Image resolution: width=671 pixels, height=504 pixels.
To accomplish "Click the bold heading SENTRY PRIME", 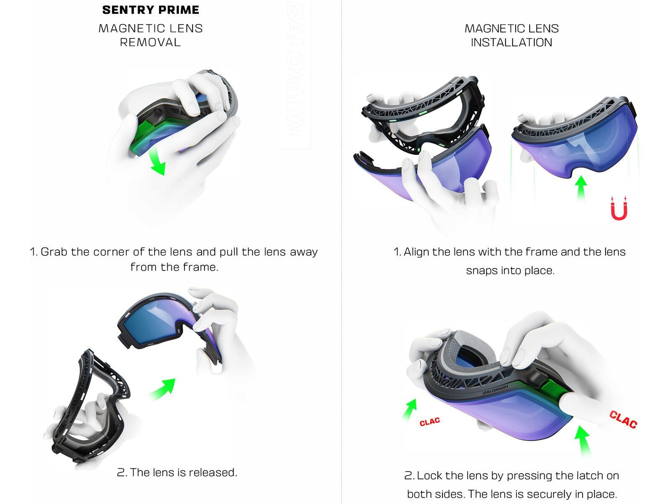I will (x=151, y=10).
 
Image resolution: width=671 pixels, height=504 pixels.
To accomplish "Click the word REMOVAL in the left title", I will (x=150, y=42).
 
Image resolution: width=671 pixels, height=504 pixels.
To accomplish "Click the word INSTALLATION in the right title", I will (x=511, y=42).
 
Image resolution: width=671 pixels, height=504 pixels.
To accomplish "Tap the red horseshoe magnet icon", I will (x=619, y=208).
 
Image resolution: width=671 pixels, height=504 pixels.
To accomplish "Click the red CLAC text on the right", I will (x=623, y=420).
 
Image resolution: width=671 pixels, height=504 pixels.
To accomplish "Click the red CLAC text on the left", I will (x=429, y=421).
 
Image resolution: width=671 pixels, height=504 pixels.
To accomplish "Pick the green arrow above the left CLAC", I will (x=410, y=409).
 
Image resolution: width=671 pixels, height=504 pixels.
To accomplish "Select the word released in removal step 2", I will (x=212, y=472).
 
